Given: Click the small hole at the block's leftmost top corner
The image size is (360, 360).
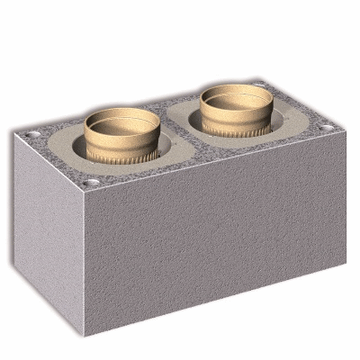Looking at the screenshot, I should tap(34, 134).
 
